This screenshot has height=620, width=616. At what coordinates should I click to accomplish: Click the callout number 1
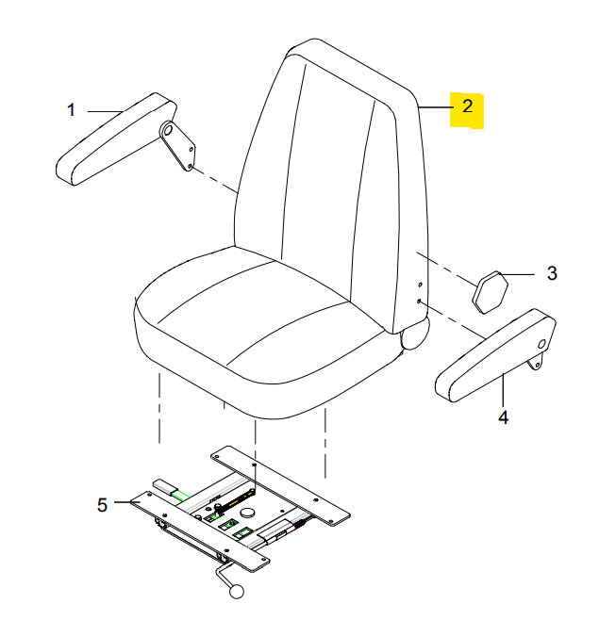point(72,110)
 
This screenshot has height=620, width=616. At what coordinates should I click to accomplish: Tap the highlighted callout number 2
point(467,106)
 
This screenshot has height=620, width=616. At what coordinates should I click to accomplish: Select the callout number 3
point(552,273)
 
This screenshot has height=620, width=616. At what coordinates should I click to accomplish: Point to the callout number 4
point(503,417)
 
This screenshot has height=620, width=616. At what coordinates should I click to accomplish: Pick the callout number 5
point(102,505)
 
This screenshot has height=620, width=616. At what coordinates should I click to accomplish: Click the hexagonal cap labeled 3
point(490,292)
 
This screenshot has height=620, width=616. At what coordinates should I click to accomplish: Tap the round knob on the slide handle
point(237,591)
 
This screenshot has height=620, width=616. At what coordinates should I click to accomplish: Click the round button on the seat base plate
point(249,513)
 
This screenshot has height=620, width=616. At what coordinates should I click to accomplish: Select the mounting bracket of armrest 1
point(177,146)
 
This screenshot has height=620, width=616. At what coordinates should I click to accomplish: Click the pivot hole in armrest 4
point(541,344)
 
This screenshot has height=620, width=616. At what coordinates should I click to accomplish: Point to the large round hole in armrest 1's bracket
point(167,129)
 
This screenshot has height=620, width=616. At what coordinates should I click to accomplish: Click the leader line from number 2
point(436,107)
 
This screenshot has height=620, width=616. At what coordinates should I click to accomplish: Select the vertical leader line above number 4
point(503,390)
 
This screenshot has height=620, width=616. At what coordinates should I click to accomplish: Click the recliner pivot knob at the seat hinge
point(414,335)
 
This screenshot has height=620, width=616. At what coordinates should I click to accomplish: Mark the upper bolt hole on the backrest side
point(420,285)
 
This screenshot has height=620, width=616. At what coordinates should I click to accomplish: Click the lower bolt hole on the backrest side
point(419,302)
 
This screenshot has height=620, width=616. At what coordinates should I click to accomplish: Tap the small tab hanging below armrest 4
point(535,362)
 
